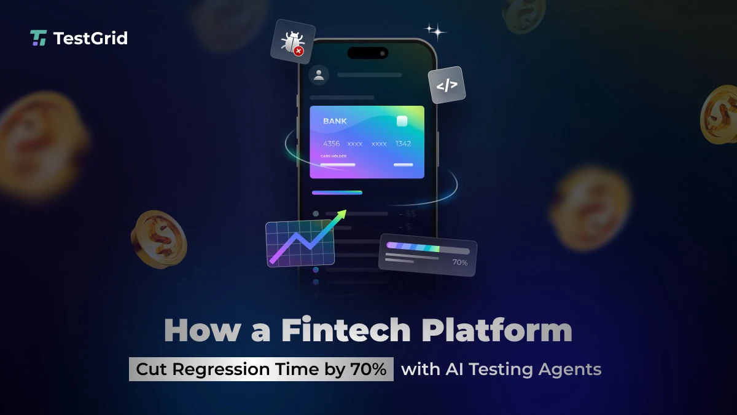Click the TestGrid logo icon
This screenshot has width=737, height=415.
pos(38,38)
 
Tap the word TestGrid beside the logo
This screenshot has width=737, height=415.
pos(90,38)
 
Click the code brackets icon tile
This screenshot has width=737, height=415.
pos(446,85)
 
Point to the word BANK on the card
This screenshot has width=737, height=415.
pos(335,121)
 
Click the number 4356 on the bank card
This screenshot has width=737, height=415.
pos(332,143)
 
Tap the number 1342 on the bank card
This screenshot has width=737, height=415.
pos(403,143)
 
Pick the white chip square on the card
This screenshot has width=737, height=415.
pos(402,121)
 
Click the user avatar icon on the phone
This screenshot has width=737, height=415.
pos(319,75)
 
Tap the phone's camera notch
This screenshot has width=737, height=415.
pos(367,53)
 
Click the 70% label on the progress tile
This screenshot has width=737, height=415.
pos(459,263)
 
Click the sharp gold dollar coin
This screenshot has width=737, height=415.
pos(158,238)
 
